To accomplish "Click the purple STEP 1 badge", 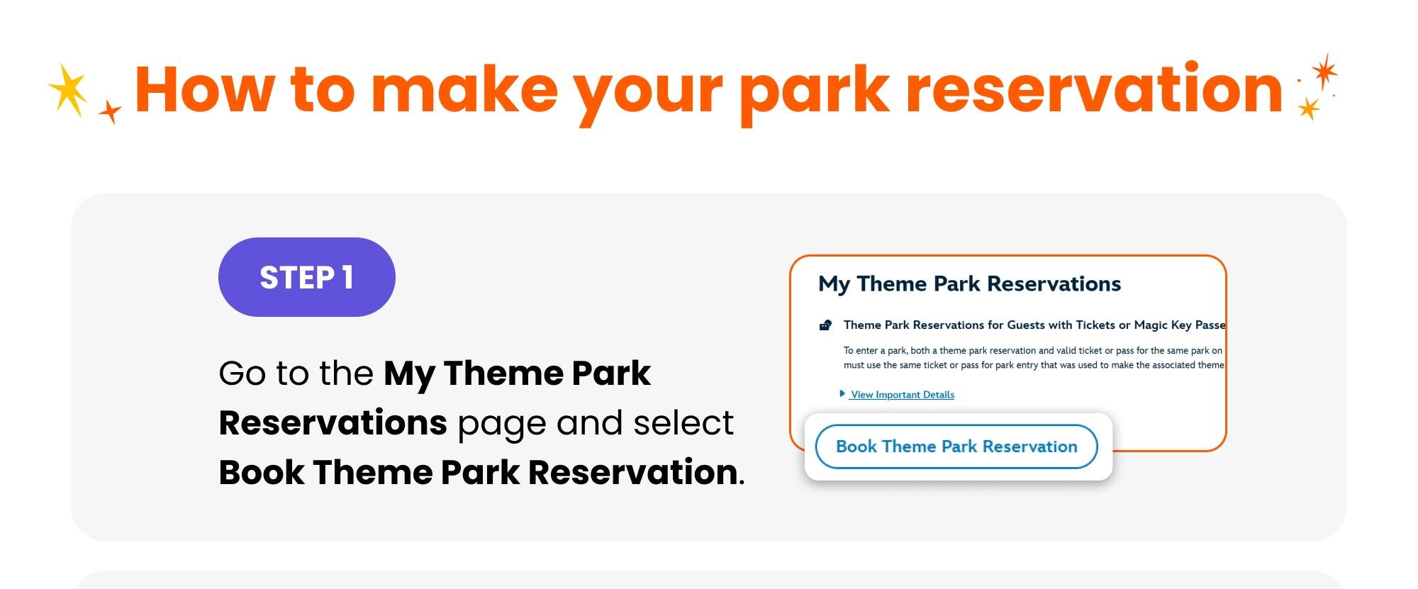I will (306, 277).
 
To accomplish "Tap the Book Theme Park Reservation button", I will (956, 447).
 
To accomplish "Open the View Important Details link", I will (902, 395).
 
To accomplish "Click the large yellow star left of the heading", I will (69, 90).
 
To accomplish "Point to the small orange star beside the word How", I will (110, 111).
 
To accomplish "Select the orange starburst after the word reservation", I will (1323, 71).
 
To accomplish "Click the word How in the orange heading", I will (204, 90).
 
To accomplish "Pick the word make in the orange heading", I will (464, 90).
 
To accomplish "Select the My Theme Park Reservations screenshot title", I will (969, 284).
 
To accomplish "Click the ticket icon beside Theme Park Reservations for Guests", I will (825, 325).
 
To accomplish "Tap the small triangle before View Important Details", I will (842, 393).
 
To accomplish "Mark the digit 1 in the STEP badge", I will (347, 277).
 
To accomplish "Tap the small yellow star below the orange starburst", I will (1308, 108).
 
